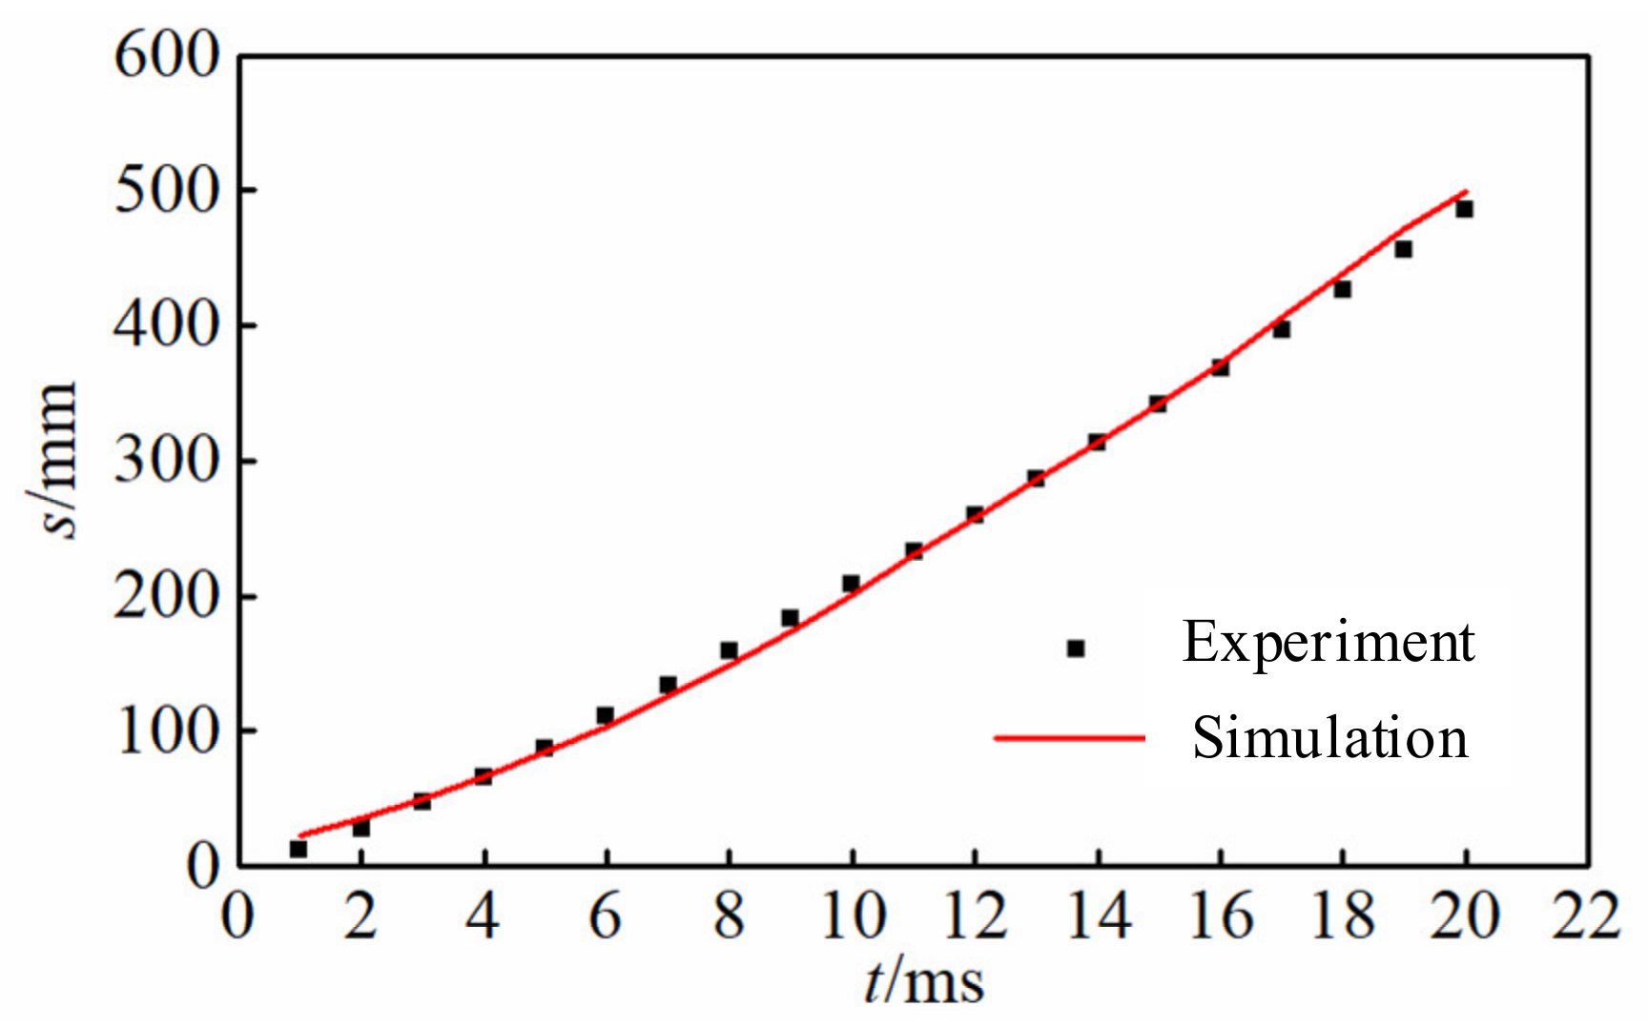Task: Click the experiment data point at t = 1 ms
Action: pos(299,849)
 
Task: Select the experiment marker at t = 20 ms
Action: pos(1464,209)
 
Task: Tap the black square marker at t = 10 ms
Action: pos(851,584)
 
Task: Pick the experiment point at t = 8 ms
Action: pos(729,650)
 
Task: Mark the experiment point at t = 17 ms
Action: pos(1281,329)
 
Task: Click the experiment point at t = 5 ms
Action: pos(545,748)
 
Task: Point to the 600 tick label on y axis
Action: pos(167,55)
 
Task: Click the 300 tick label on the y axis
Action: pos(167,462)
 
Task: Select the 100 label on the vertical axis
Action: pos(167,732)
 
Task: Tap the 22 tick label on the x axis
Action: pos(1586,916)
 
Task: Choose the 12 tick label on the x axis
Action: pos(975,916)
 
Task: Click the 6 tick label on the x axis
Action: pos(606,916)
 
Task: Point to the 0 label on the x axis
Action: pos(238,916)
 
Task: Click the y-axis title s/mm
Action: pos(52,460)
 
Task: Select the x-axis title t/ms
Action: pos(923,982)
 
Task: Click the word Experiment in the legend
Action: pos(1329,642)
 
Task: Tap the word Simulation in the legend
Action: pos(1330,738)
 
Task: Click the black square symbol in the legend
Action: pos(1076,648)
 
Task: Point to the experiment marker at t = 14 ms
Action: pos(1097,442)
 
